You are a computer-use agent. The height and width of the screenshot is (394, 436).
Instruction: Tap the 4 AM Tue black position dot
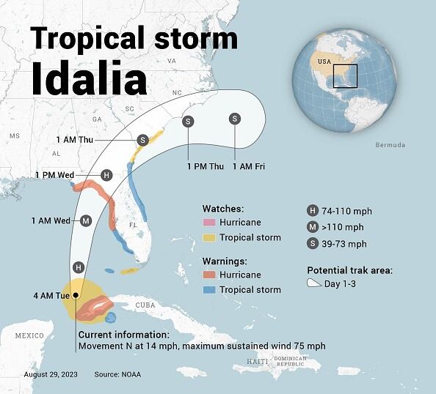click(76, 295)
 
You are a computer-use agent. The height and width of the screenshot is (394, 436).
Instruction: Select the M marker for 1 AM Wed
click(86, 220)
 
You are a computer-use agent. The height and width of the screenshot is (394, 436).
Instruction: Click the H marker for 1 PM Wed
click(106, 175)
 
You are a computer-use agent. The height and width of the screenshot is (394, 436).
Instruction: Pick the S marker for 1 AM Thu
click(143, 139)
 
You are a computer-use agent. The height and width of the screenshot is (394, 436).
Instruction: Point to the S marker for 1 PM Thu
click(188, 122)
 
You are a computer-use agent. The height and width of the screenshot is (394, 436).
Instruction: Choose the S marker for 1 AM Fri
click(235, 119)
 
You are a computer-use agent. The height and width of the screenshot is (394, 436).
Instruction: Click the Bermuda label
click(390, 145)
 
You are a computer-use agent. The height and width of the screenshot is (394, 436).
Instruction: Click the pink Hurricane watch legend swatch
click(211, 223)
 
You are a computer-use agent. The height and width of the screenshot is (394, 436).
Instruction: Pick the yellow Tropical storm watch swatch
click(211, 237)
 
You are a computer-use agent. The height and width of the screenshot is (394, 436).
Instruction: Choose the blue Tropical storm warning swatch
click(211, 290)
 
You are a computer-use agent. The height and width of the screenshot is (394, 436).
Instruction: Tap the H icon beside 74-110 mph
click(313, 212)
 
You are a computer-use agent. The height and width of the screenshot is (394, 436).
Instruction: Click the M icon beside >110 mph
click(313, 228)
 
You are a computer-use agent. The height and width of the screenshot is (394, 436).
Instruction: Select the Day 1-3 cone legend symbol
click(313, 283)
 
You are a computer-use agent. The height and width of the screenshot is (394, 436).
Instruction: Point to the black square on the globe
click(344, 76)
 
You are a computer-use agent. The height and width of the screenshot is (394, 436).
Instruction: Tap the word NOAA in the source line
click(129, 375)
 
